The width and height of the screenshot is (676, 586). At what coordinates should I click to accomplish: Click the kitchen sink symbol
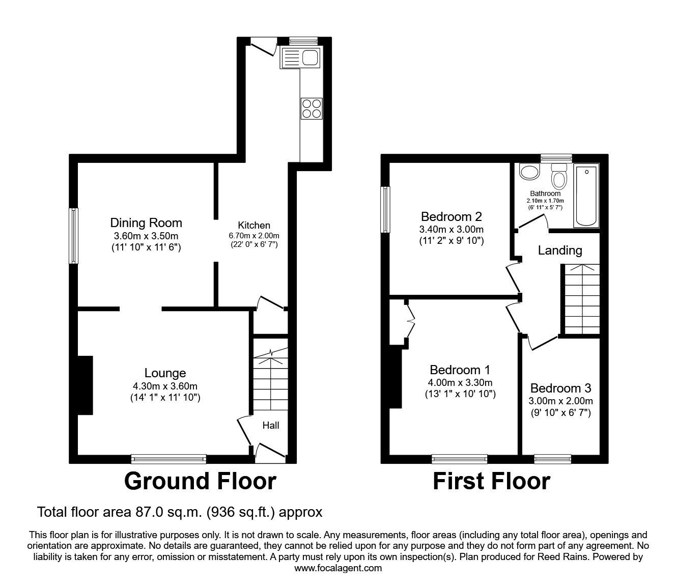click(x=299, y=58)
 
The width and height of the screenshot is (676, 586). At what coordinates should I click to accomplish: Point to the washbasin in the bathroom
click(x=529, y=172)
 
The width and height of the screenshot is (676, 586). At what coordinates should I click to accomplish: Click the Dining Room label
click(x=146, y=222)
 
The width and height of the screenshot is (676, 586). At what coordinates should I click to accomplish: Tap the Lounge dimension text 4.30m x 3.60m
click(x=165, y=386)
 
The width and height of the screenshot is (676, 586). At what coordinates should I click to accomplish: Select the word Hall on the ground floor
click(x=271, y=425)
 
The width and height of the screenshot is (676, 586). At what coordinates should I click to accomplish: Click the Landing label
click(x=560, y=250)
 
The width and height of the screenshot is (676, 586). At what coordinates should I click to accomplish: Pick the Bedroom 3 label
click(x=560, y=388)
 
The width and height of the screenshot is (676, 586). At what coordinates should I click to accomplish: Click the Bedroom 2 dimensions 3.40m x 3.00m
click(x=451, y=229)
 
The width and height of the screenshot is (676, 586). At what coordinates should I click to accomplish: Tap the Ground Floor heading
click(x=200, y=481)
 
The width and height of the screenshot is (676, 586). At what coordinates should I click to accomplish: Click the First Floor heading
click(x=491, y=481)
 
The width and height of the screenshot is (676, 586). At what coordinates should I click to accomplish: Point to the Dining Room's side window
click(x=74, y=236)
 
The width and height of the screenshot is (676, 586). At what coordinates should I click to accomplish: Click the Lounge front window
click(x=168, y=459)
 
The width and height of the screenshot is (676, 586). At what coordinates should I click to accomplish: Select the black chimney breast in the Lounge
click(x=85, y=385)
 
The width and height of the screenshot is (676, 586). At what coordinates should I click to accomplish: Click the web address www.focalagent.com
click(x=338, y=568)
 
